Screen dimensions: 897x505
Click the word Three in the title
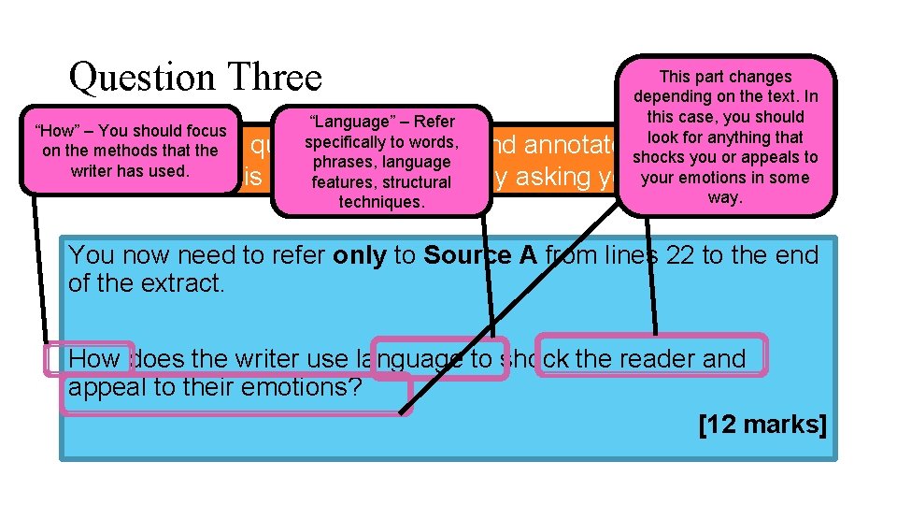tap(270, 77)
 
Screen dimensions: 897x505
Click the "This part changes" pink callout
tap(725, 137)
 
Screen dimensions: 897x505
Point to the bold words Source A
tap(480, 255)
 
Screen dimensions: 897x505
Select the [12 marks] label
tap(762, 425)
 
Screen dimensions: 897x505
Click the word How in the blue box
tap(93, 359)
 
